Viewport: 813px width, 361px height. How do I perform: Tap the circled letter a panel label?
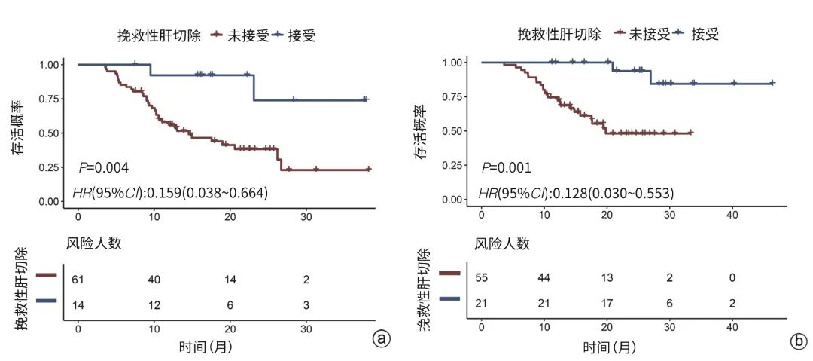pyautogui.click(x=382, y=339)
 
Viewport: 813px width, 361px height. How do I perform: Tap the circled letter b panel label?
pyautogui.click(x=798, y=341)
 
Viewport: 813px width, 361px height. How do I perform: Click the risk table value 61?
pyautogui.click(x=78, y=280)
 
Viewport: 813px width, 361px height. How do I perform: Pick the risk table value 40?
pyautogui.click(x=154, y=280)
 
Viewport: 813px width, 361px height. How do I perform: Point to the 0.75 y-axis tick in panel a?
pyautogui.click(x=52, y=99)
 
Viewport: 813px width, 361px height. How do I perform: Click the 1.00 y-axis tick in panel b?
pyautogui.click(x=455, y=62)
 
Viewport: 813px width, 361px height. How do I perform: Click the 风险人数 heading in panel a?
pyautogui.click(x=93, y=243)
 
